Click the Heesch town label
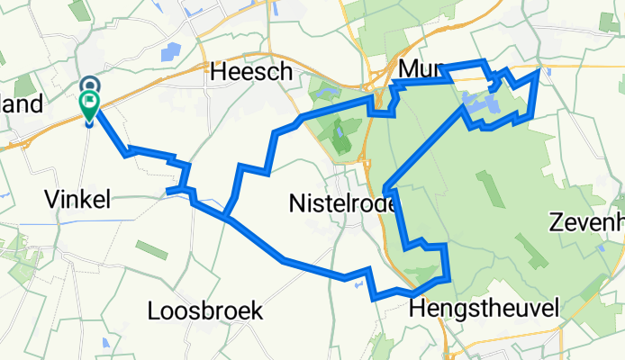pyautogui.click(x=239, y=72)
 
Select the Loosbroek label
pyautogui.click(x=204, y=311)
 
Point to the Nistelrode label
pyautogui.click(x=343, y=204)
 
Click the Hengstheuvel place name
pyautogui.click(x=484, y=309)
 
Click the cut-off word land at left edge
pyautogui.click(x=22, y=104)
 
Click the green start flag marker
pyautogui.click(x=91, y=104)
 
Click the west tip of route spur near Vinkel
pyautogui.click(x=168, y=191)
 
